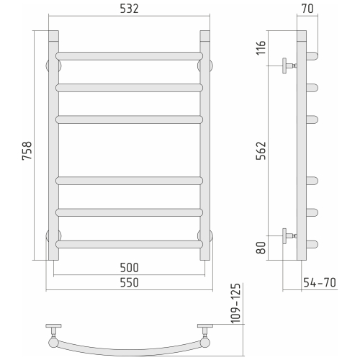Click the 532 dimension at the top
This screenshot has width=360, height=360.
[129, 10]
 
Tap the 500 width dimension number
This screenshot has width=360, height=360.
[129, 268]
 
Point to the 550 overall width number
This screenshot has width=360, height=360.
[129, 283]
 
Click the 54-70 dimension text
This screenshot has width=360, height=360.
[318, 283]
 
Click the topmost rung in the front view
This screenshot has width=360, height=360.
[129, 55]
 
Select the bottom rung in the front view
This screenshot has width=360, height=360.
[129, 244]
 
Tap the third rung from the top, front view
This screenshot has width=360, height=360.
[129, 119]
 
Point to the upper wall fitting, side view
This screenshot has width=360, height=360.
[288, 67]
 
